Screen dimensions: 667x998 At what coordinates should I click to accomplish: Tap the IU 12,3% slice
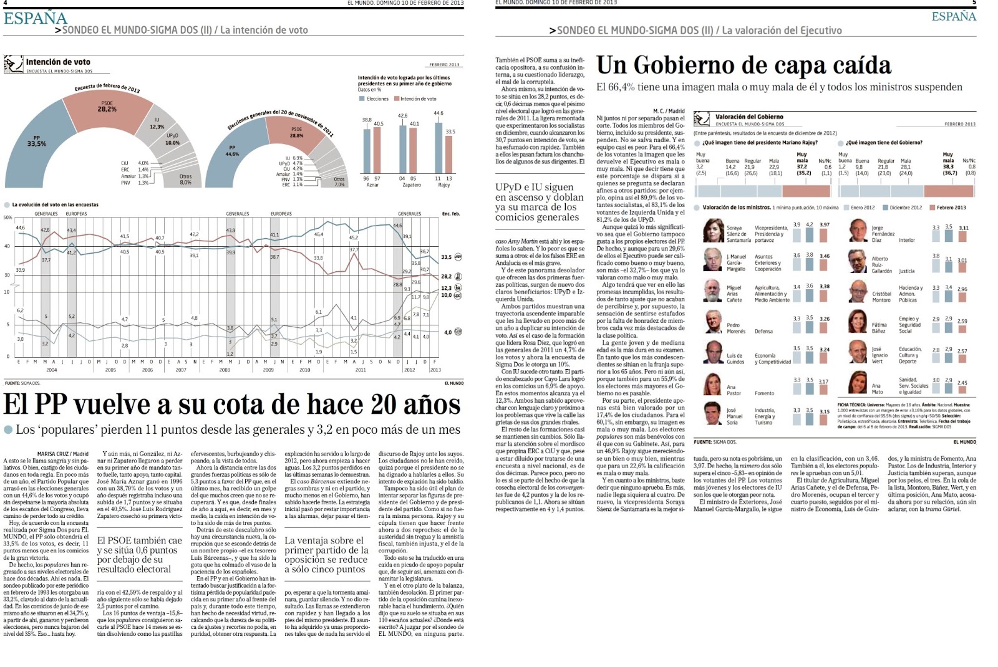[157, 125]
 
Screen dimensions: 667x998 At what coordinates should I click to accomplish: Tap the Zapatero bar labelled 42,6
[402, 146]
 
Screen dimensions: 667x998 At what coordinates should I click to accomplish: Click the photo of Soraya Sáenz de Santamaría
[713, 231]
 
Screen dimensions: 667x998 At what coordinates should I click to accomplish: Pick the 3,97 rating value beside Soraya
[825, 225]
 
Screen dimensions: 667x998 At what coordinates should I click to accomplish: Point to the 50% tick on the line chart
[7, 218]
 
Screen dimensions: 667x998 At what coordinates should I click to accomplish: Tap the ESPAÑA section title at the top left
[35, 19]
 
